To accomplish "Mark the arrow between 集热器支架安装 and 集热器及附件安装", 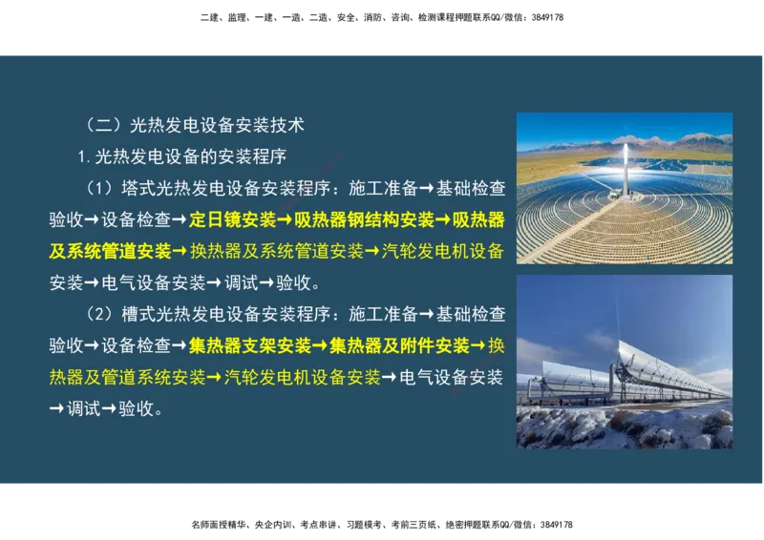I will pyautogui.click(x=320, y=344).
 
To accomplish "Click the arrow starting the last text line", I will pyautogui.click(x=57, y=408).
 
